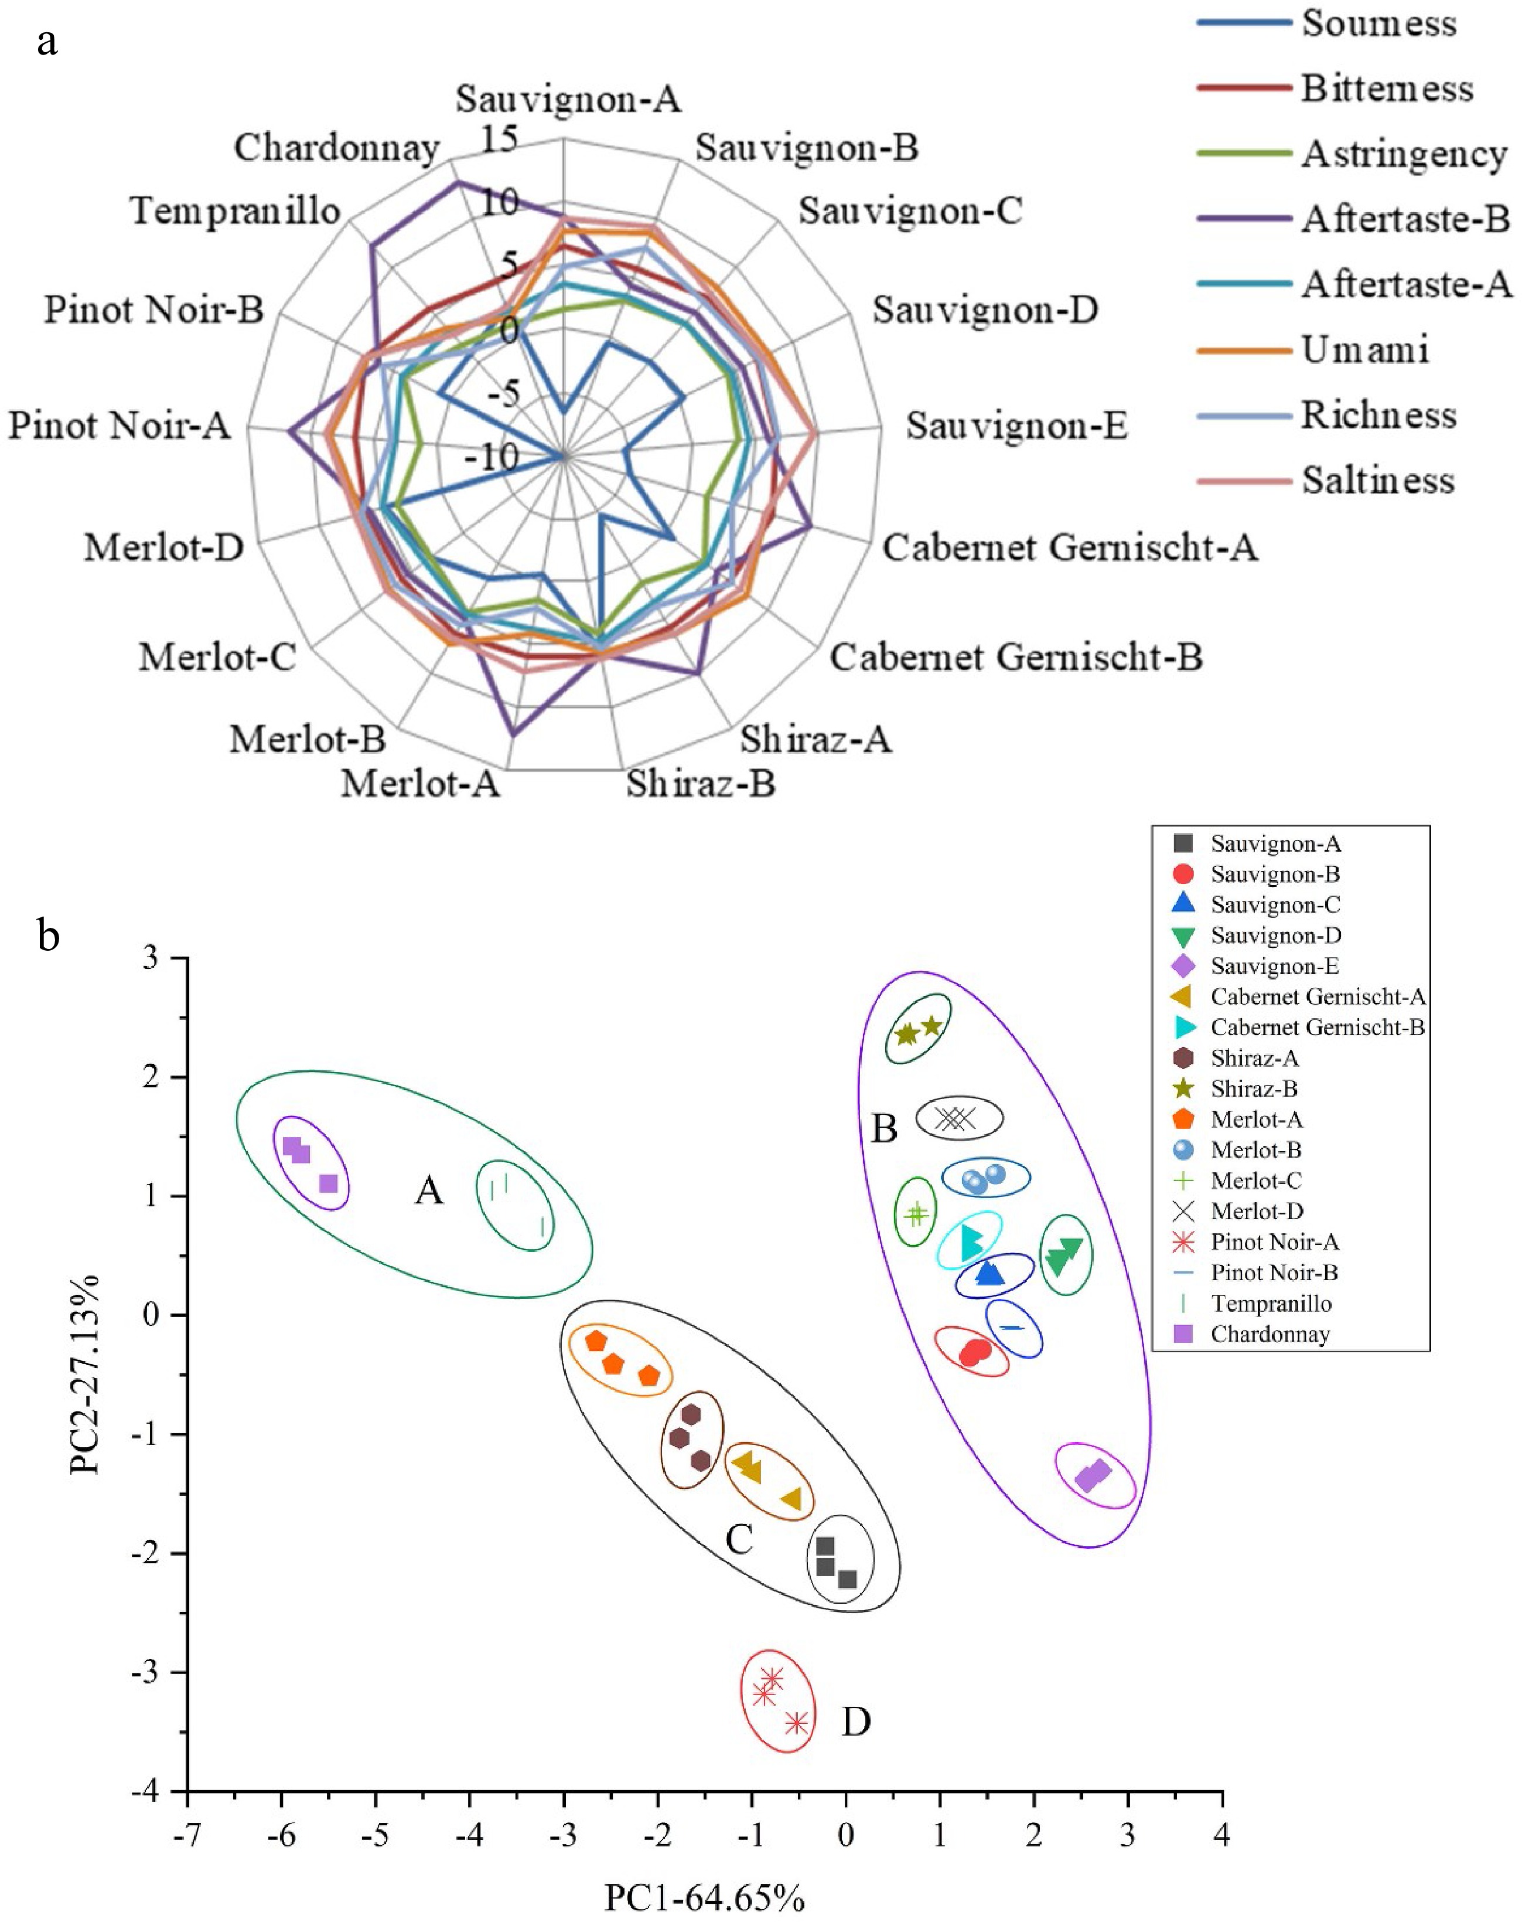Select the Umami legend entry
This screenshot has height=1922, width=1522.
[1364, 349]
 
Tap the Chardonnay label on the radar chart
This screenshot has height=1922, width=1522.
[337, 148]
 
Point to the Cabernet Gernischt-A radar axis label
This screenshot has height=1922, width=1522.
[1069, 547]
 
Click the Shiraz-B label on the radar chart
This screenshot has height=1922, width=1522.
[701, 784]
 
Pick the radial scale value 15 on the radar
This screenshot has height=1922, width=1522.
[499, 139]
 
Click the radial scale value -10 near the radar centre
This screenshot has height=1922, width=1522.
[491, 457]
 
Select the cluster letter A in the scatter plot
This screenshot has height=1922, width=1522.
[429, 1190]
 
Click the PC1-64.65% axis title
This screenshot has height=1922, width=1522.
[704, 1899]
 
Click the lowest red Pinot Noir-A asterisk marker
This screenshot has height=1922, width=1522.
[797, 1723]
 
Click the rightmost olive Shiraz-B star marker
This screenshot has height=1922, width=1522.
[931, 1026]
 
